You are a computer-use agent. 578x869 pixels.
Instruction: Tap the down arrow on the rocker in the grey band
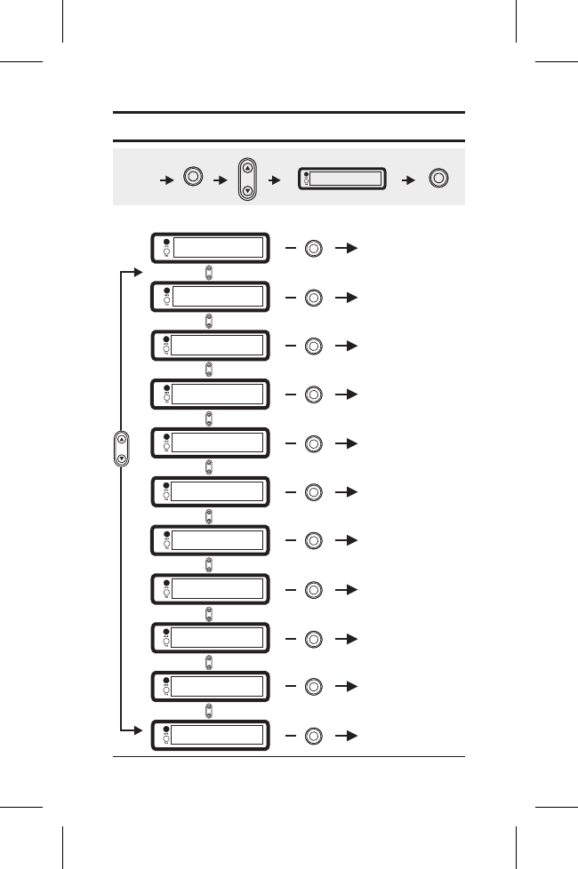248,190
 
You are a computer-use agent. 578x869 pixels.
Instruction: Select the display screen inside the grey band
341,178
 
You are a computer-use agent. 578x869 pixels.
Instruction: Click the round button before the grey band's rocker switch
191,176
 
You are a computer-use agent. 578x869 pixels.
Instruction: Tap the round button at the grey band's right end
438,178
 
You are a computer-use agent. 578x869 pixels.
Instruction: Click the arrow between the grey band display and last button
410,179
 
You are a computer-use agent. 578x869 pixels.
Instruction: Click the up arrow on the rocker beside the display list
122,438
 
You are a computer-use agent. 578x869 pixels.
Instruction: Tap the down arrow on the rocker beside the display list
122,459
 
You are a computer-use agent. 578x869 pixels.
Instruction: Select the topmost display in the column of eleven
209,248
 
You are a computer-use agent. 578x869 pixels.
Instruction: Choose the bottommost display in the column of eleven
209,735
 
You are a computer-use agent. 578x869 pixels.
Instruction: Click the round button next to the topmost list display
313,249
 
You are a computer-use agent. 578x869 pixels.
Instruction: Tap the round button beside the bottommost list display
313,736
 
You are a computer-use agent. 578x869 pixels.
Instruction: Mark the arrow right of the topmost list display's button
348,249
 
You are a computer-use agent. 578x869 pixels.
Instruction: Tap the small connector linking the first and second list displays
209,273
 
